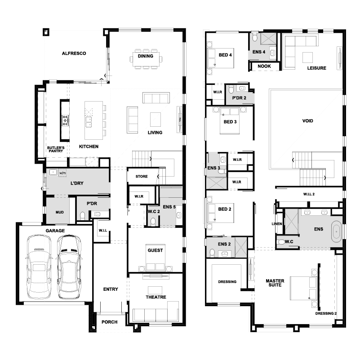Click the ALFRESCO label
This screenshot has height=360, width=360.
[74, 53]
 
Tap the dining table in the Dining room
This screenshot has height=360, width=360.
[146, 59]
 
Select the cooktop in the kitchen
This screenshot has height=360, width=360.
[65, 120]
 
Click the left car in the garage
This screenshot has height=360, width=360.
[39, 267]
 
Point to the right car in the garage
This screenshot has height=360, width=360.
[69, 267]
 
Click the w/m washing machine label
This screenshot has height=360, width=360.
[62, 173]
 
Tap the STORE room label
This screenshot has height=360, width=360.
[142, 176]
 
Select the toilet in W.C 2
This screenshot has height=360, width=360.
[153, 222]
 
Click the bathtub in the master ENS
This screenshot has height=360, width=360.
[336, 231]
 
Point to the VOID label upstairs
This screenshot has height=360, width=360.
[308, 121]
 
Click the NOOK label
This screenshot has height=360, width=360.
[264, 66]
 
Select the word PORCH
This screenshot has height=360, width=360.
[110, 322]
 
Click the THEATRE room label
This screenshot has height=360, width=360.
[156, 297]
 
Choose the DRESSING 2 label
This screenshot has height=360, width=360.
[326, 313]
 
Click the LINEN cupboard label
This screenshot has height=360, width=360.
[277, 224]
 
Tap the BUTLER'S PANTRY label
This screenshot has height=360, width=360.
[56, 150]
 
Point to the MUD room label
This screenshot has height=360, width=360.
[60, 212]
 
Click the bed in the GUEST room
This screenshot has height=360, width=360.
[156, 257]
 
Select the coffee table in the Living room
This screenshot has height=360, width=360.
[156, 120]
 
